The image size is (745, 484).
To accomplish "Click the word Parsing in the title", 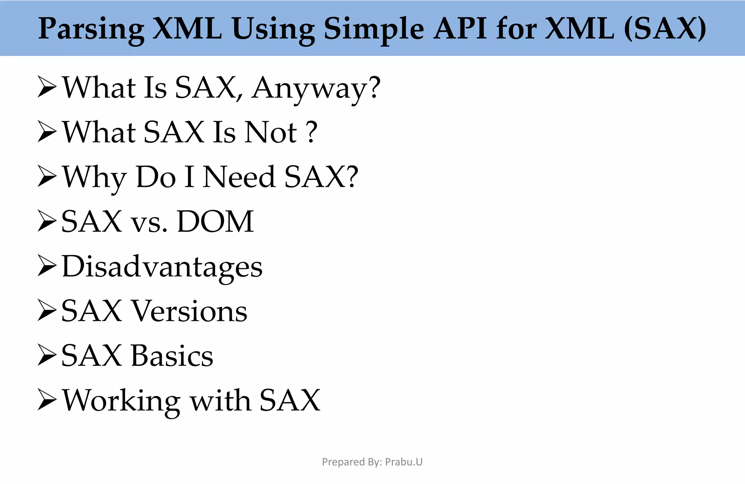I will point(91,29).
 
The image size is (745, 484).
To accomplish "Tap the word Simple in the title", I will point(374,29).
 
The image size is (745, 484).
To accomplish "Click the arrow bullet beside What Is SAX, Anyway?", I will point(47,87).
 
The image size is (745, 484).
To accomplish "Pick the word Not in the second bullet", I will point(271,132).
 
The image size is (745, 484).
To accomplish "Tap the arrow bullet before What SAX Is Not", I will point(47,132).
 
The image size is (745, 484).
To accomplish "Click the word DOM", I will point(215,221).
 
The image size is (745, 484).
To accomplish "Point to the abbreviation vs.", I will point(149,223).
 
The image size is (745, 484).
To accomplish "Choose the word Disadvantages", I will point(162,267).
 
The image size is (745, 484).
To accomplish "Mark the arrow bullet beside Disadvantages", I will point(47,266).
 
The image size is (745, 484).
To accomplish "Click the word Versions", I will point(189,311).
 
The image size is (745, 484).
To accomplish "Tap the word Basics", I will point(172,356).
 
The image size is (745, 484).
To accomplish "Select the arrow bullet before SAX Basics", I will point(47,356).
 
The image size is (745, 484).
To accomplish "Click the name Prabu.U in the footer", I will point(404,462).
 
